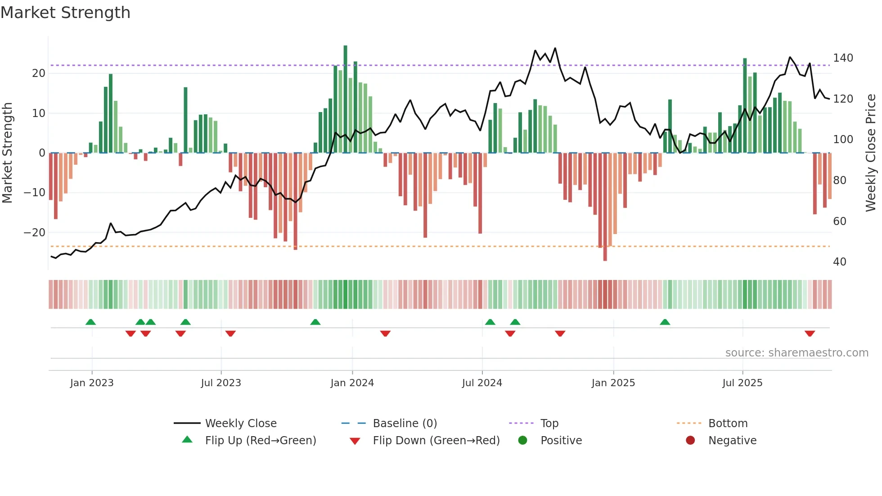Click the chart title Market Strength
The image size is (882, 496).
pyautogui.click(x=65, y=13)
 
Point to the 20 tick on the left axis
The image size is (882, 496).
pyautogui.click(x=39, y=73)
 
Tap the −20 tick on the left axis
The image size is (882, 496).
pyautogui.click(x=35, y=233)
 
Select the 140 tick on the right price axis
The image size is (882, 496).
pyautogui.click(x=843, y=58)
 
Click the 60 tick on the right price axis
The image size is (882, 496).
pyautogui.click(x=840, y=221)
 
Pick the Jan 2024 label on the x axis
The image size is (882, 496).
pyautogui.click(x=352, y=383)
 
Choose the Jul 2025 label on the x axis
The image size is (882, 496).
pyautogui.click(x=742, y=383)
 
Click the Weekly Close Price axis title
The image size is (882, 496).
pyautogui.click(x=871, y=153)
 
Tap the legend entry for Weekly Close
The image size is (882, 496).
pyautogui.click(x=241, y=424)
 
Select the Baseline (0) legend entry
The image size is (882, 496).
pyautogui.click(x=405, y=424)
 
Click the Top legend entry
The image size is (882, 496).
pyautogui.click(x=549, y=424)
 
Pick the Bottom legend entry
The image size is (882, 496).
pyautogui.click(x=728, y=424)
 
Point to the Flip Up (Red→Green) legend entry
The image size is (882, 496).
pyautogui.click(x=260, y=441)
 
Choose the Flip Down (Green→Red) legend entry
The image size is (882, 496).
pyautogui.click(x=436, y=441)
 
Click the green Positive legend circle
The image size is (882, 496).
pyautogui.click(x=522, y=441)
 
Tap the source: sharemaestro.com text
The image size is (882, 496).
pyautogui.click(x=796, y=353)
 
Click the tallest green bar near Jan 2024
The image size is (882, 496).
pyautogui.click(x=345, y=99)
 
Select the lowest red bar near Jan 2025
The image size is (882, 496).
pyautogui.click(x=605, y=207)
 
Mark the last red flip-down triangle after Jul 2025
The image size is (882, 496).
pyautogui.click(x=810, y=334)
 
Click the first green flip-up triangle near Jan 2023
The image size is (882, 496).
pyautogui.click(x=90, y=322)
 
